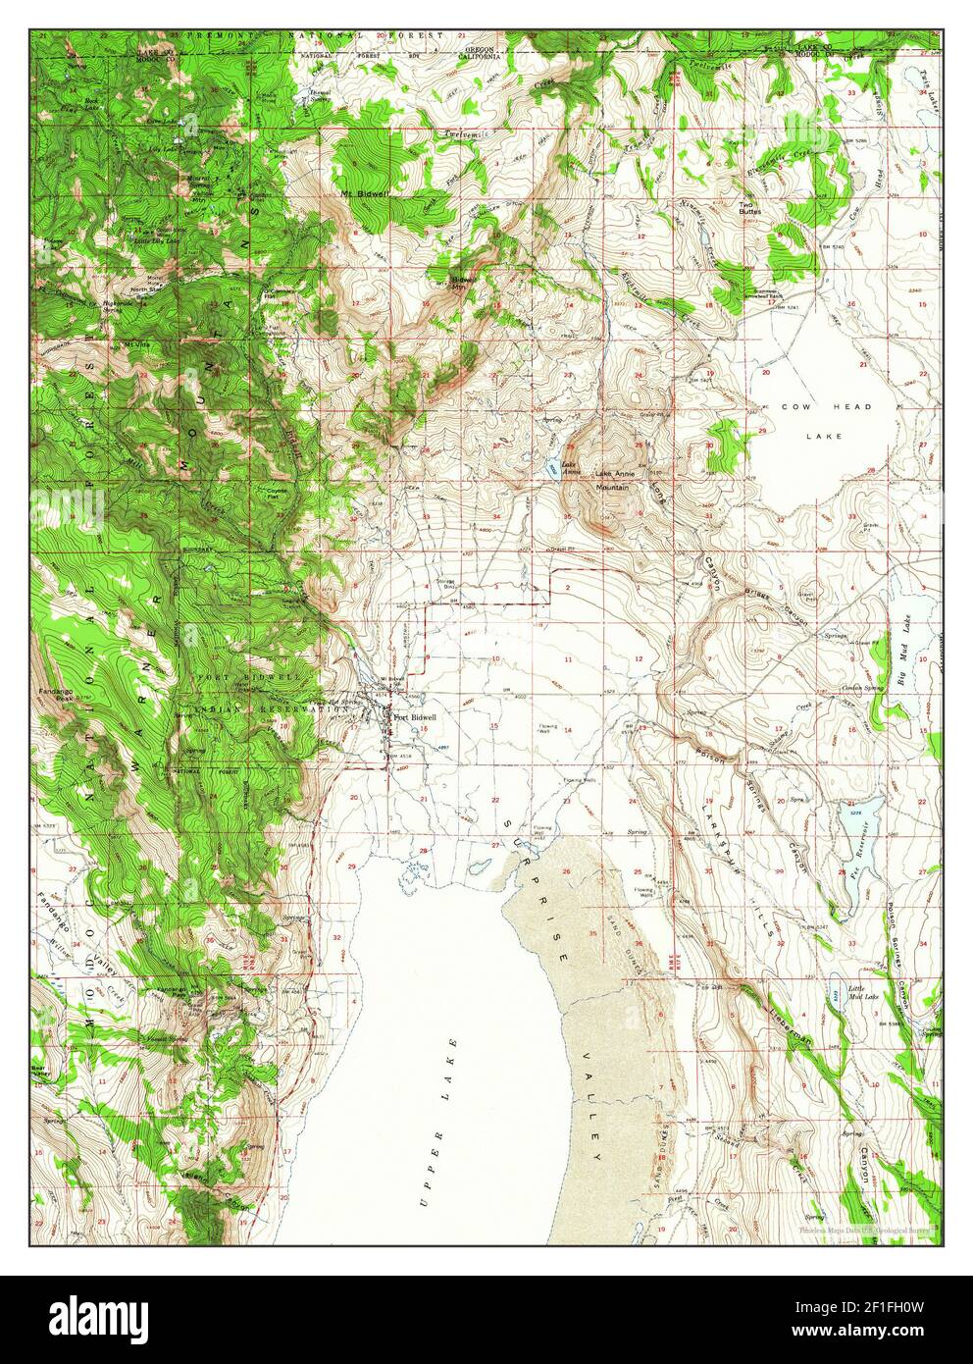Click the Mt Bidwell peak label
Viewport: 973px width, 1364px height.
[360, 193]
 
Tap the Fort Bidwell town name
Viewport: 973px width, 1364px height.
[414, 717]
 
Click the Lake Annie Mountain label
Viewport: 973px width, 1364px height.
[615, 480]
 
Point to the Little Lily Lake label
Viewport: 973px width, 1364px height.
[155, 239]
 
